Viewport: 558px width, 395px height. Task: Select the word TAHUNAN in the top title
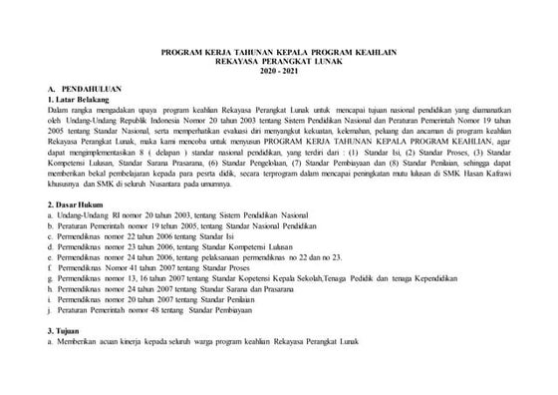[247, 56]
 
